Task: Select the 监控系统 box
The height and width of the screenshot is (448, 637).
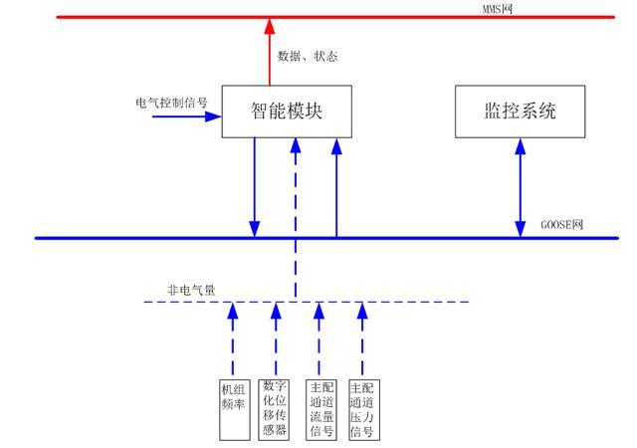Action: [519, 112]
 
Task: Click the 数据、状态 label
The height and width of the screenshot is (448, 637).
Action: [308, 57]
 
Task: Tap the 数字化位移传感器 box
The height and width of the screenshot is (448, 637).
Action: [275, 408]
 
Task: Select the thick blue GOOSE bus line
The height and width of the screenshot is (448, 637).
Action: [149, 238]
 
